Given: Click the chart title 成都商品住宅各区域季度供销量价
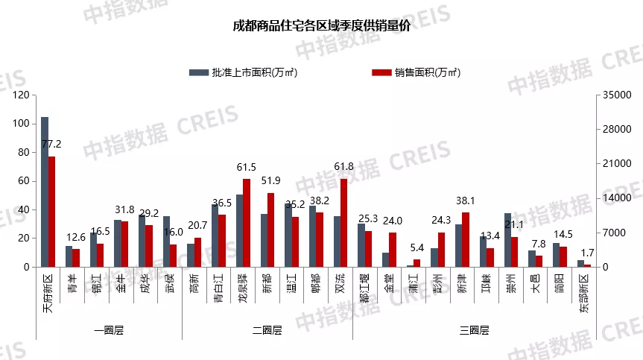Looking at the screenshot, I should pos(321,28).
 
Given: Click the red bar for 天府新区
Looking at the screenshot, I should pos(51,212).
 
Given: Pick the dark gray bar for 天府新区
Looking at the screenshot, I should pos(45,192).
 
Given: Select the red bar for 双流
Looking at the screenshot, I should pos(343,223).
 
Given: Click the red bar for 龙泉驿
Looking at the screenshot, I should pos(247,223).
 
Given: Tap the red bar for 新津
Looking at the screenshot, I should pos(466,239).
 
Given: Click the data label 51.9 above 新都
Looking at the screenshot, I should pos(270,181).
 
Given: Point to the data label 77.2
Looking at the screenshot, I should pos(51,144).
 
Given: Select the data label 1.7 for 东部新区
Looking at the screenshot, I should pos(588,253).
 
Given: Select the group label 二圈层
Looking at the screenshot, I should pos(267,330).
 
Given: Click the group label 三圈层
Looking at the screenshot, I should pos(474,330).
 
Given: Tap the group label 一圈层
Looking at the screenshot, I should pos(109,330).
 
